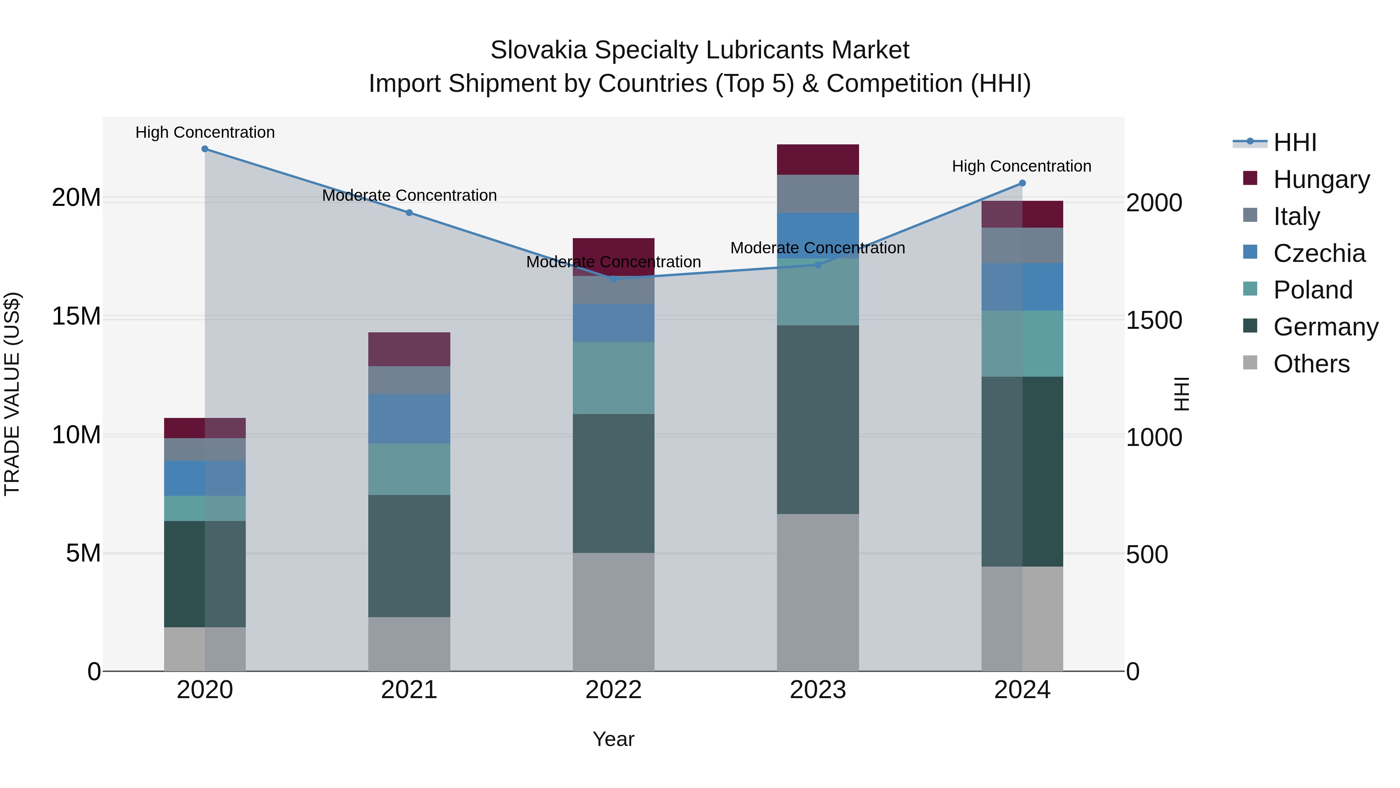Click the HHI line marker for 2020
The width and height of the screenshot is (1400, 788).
[x=205, y=149]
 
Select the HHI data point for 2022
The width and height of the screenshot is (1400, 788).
[x=614, y=279]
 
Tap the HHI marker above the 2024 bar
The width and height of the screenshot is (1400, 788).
[x=1022, y=183]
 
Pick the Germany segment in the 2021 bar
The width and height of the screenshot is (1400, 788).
[x=409, y=556]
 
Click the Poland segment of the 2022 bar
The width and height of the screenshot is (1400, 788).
[x=614, y=378]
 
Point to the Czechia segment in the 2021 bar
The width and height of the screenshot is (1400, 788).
[x=409, y=419]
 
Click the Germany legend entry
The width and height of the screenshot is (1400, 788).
[x=1326, y=327]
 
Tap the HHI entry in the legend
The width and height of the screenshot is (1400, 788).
[x=1295, y=142]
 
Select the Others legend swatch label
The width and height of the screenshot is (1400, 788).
[x=1311, y=364]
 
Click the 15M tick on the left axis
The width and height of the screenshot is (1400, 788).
[x=76, y=316]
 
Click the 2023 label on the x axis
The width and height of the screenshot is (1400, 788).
[x=818, y=690]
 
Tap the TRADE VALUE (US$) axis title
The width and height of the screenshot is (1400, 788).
[x=12, y=394]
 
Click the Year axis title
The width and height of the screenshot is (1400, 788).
[x=614, y=739]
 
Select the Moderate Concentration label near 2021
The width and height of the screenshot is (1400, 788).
[x=409, y=195]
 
